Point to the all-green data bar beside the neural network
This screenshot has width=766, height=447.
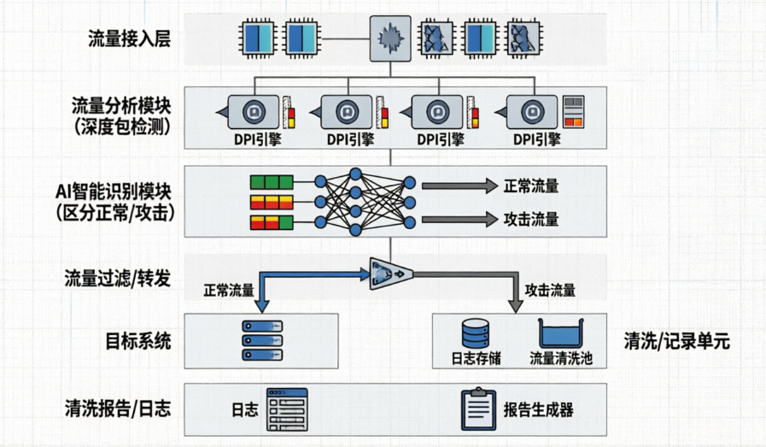coord(272,182)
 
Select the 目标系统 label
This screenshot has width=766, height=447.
coord(139,342)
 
